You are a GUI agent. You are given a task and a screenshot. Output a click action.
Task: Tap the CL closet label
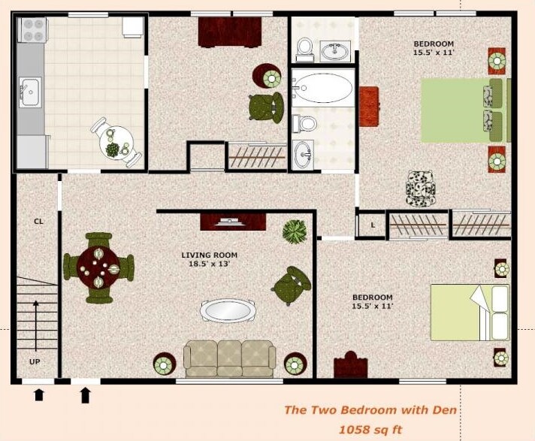click(36, 222)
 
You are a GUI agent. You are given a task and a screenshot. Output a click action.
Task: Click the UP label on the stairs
click(35, 361)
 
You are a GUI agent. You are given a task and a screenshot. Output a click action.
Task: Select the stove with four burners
click(33, 29)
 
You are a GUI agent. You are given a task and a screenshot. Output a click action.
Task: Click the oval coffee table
click(227, 310)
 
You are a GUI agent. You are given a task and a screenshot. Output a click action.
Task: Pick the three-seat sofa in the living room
click(230, 358)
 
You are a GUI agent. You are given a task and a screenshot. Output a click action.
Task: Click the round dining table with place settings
click(98, 267)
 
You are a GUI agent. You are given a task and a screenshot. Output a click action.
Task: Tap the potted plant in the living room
click(295, 231)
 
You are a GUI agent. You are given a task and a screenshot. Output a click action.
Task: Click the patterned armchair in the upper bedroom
click(420, 187)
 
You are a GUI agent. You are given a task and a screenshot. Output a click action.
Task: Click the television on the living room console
click(228, 221)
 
